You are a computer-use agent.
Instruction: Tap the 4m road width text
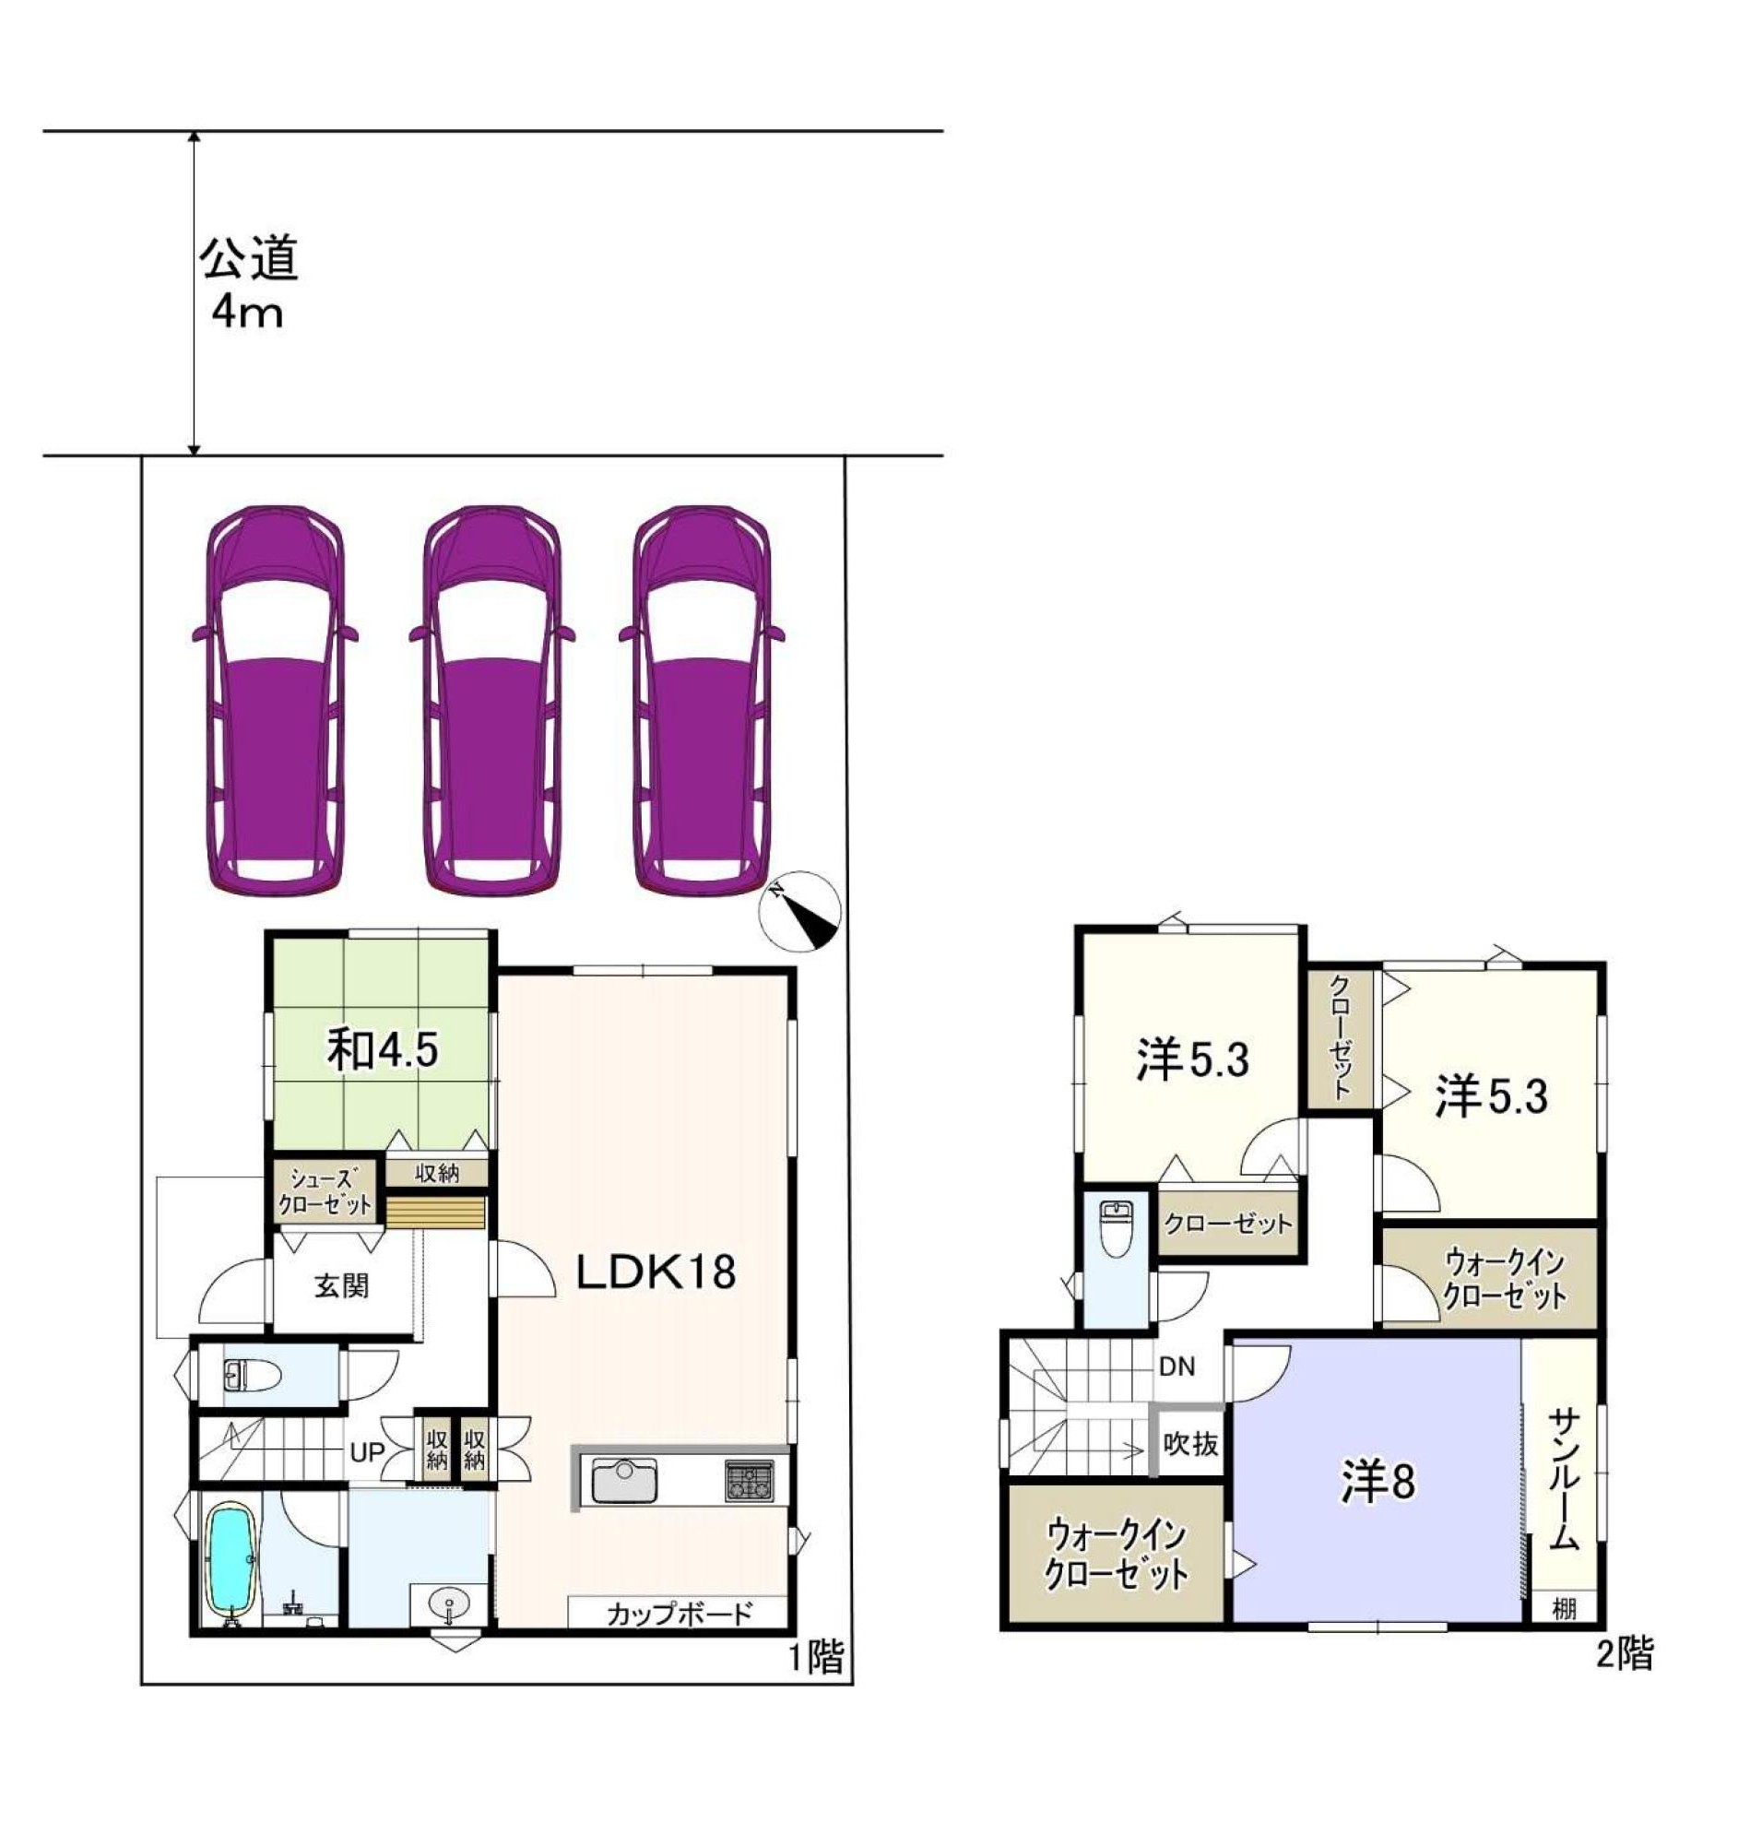pyautogui.click(x=246, y=314)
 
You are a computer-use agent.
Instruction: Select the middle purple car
pyautogui.click(x=492, y=701)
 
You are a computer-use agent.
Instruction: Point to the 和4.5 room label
pyautogui.click(x=382, y=1050)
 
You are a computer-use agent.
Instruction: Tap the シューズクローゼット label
pyautogui.click(x=325, y=1192)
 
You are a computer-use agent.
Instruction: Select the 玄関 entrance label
pyautogui.click(x=341, y=1285)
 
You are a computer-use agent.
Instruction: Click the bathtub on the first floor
pyautogui.click(x=229, y=1560)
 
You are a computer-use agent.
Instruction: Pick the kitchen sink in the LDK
pyautogui.click(x=624, y=1480)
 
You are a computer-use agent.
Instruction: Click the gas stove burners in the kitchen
pyautogui.click(x=749, y=1479)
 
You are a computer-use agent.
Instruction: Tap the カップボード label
pyautogui.click(x=680, y=1615)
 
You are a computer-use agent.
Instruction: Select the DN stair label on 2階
pyautogui.click(x=1176, y=1367)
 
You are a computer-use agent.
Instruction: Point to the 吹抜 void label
pyautogui.click(x=1191, y=1443)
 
